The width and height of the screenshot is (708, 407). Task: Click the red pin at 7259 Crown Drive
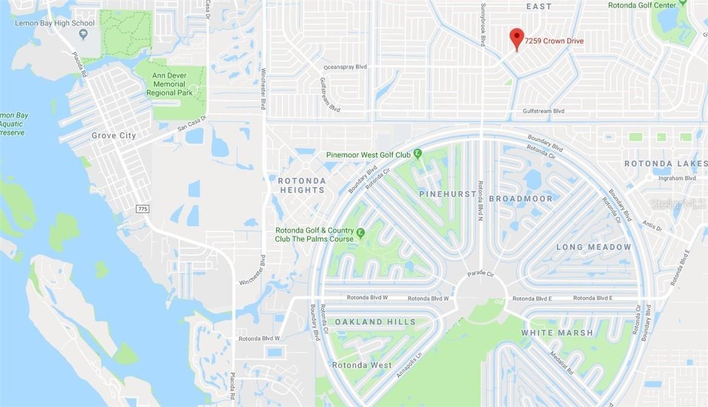(x=516, y=38)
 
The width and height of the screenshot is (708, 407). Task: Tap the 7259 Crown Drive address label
(x=554, y=41)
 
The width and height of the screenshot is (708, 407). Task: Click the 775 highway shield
(x=142, y=208)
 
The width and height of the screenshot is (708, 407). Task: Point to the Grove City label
(x=114, y=136)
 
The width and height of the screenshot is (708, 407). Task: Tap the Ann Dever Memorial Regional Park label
(x=169, y=84)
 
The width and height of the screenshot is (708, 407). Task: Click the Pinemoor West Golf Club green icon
(x=418, y=154)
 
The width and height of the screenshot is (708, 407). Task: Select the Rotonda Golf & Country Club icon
(x=361, y=233)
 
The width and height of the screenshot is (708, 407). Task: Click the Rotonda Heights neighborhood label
(x=302, y=185)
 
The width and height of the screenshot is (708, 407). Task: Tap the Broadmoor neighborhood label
(x=521, y=199)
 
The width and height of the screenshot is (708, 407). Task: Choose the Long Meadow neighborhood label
(x=594, y=247)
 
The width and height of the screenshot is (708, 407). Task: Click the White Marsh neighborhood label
(x=557, y=333)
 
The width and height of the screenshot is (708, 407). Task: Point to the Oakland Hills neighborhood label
(x=375, y=322)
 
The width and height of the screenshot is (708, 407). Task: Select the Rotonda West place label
(x=362, y=365)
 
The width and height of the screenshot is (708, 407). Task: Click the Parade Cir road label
(x=481, y=274)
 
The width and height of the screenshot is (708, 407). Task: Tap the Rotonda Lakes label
(x=666, y=164)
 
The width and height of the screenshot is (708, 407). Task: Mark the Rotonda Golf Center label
(x=642, y=5)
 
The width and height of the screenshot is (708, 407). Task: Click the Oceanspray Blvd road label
(x=346, y=67)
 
